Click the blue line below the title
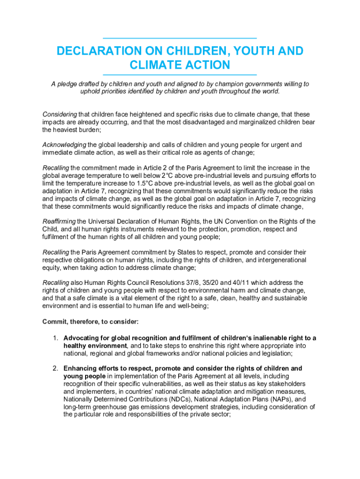point(180,75)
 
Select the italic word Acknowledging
point(64,145)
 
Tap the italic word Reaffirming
point(59,222)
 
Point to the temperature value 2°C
point(168,175)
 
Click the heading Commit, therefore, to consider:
point(91,322)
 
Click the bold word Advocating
point(81,338)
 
